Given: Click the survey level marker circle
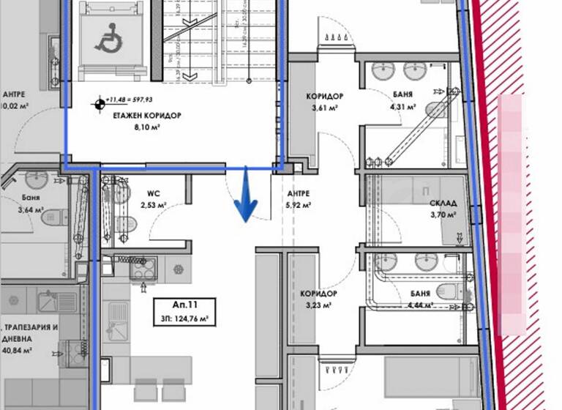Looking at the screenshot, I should tap(97, 104).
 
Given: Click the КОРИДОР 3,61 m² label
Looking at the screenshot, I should tap(324, 102).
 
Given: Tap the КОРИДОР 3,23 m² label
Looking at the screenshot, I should tap(318, 299).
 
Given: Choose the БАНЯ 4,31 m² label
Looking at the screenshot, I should tap(402, 100).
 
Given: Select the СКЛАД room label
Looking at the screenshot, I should tap(443, 203).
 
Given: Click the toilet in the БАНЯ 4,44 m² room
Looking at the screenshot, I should tap(449, 292).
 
